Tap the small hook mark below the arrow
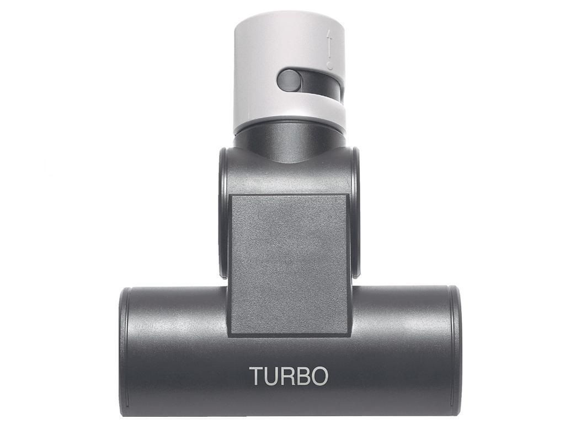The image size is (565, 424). [329, 65]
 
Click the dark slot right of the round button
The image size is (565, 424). [320, 83]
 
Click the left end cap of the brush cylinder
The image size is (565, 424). [124, 351]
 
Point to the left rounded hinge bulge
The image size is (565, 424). [223, 213]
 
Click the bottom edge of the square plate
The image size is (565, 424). [289, 334]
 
